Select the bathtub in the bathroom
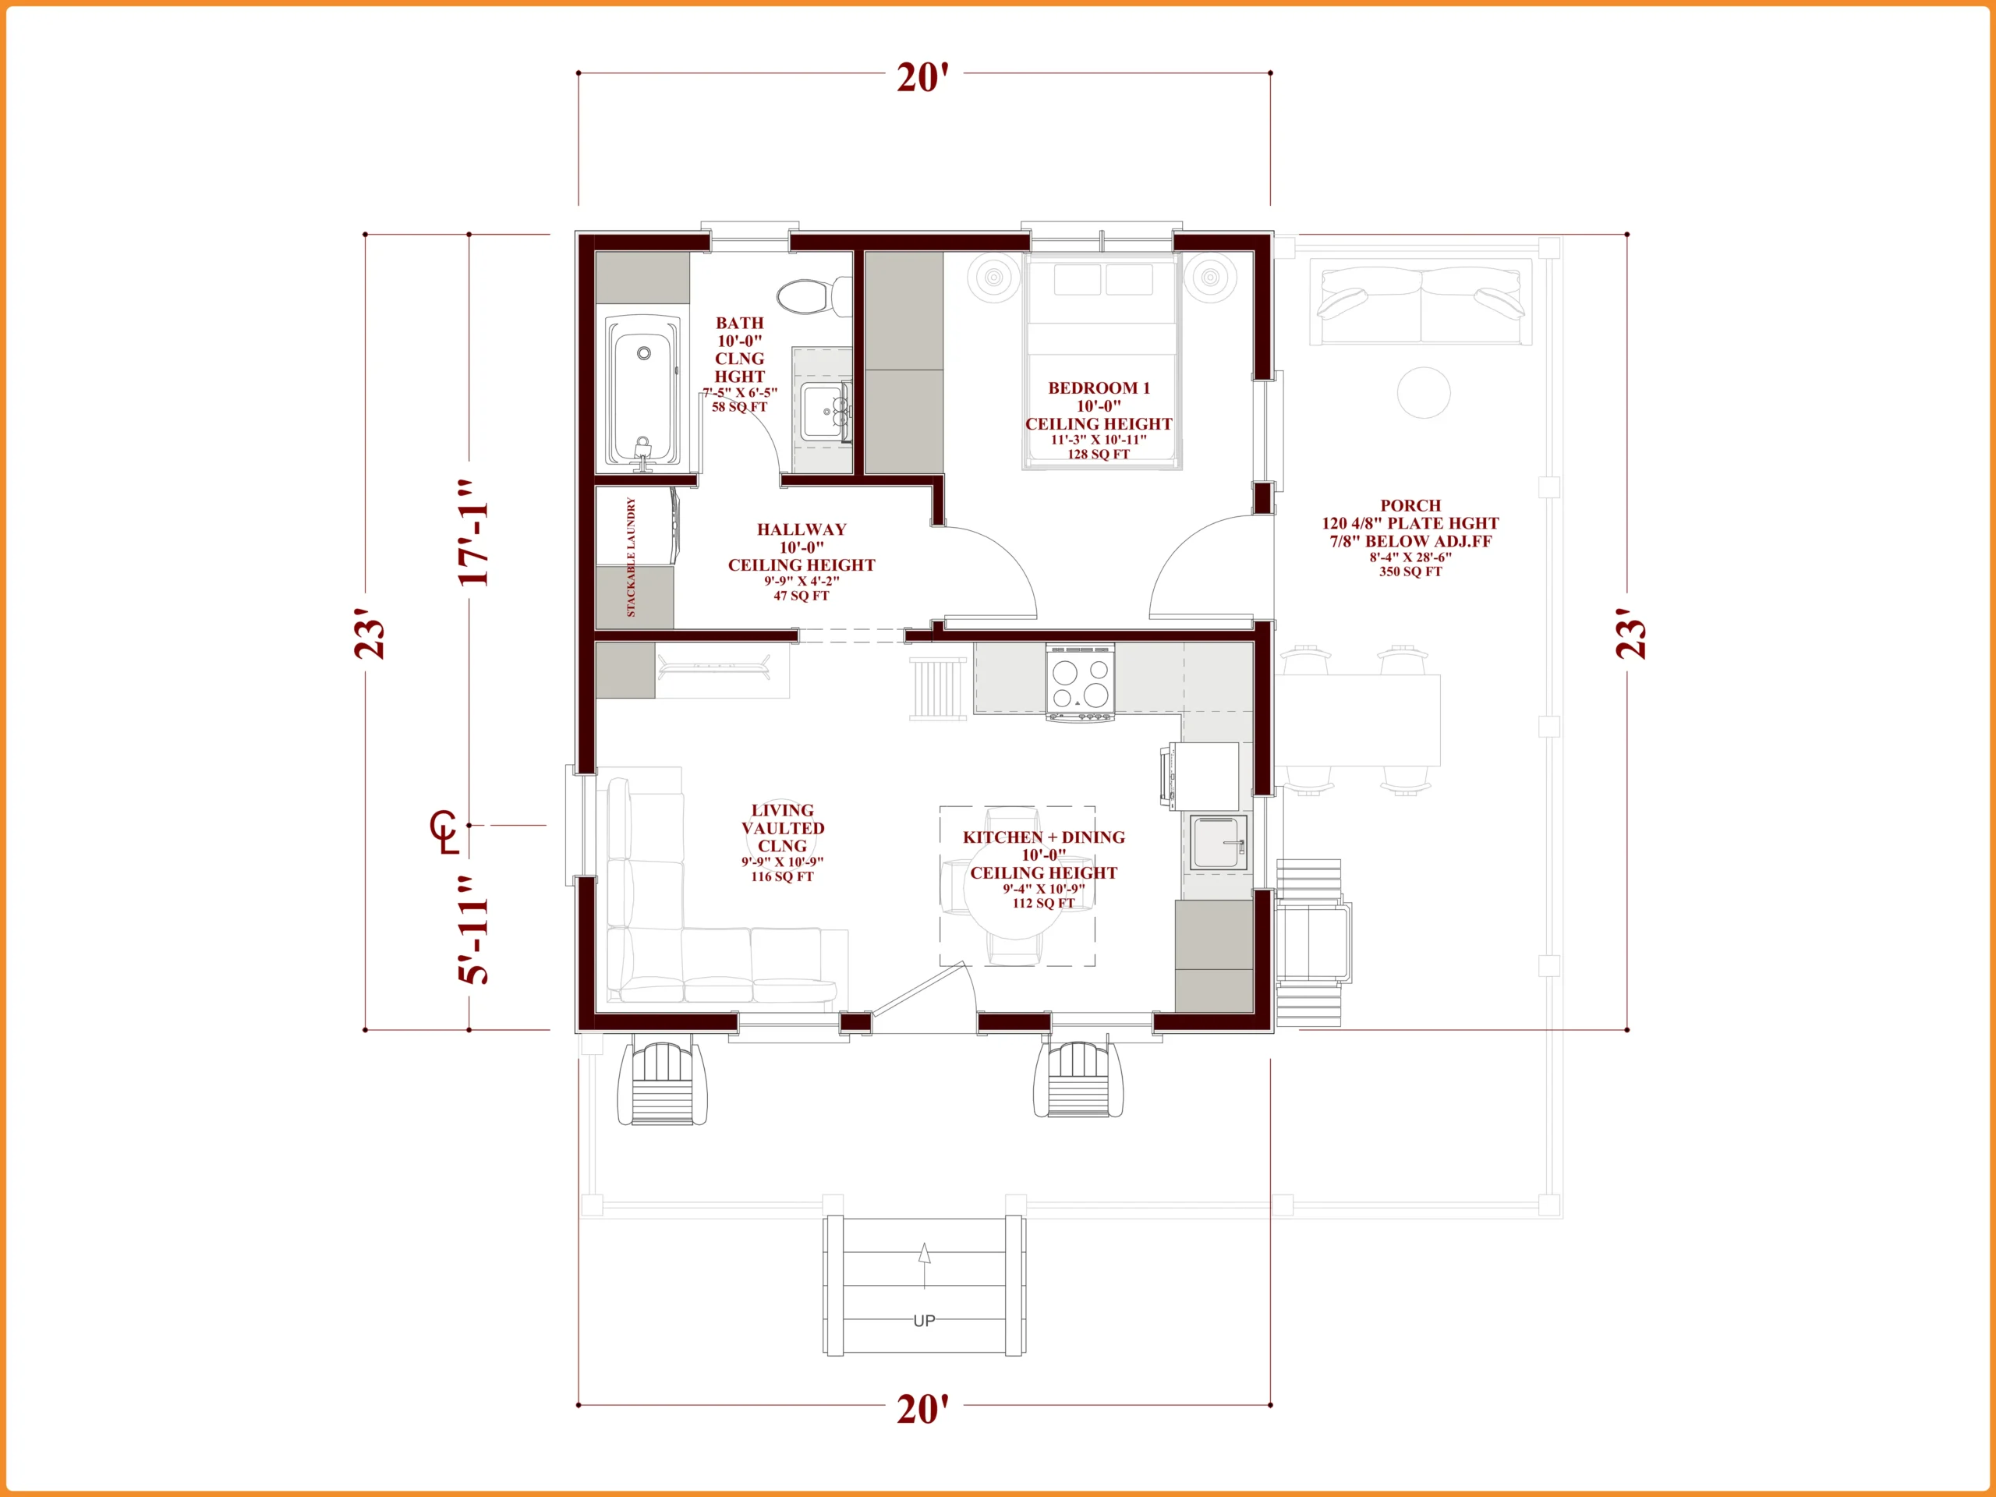coord(643,391)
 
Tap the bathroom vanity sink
coord(825,412)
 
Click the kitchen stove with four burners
coord(1080,682)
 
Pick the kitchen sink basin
coord(1218,843)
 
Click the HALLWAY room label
coord(802,529)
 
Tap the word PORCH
coord(1410,506)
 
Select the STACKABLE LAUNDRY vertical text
coord(631,557)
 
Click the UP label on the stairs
coord(924,1321)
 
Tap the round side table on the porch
coord(1424,392)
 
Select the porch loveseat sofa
coord(1421,302)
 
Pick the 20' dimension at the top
coord(923,78)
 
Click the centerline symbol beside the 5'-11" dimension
coord(444,832)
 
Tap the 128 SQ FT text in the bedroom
coord(1098,454)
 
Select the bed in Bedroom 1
coord(1102,361)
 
